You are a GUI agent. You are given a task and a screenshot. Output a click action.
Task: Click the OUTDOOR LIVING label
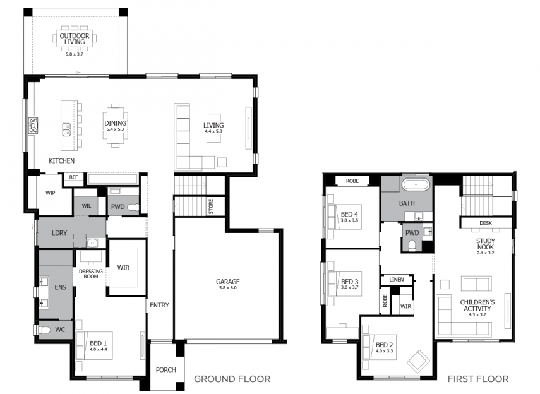click(x=75, y=39)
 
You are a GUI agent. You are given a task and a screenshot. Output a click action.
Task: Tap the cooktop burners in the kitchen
click(x=33, y=126)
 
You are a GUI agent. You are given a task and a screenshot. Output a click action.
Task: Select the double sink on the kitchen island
click(x=66, y=129)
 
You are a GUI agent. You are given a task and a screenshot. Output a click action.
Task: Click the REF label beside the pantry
click(x=74, y=177)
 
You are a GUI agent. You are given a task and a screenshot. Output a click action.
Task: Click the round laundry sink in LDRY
click(x=92, y=243)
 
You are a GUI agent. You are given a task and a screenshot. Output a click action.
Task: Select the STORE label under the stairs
click(x=211, y=206)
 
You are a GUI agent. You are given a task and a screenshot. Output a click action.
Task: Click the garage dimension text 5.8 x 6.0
click(x=228, y=287)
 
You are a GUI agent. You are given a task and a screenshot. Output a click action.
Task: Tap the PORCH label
click(x=165, y=369)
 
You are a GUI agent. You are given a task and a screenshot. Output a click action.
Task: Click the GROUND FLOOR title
click(x=232, y=379)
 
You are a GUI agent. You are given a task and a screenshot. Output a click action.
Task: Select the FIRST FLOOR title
click(x=478, y=379)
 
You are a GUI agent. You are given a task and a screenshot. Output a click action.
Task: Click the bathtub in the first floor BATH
click(x=416, y=184)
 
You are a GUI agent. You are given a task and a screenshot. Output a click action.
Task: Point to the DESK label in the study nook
click(x=486, y=223)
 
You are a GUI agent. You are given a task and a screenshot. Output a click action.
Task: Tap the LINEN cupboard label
click(x=397, y=279)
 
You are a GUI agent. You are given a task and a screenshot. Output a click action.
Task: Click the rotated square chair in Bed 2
click(x=418, y=362)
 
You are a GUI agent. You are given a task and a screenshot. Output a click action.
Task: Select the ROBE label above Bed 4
click(x=352, y=181)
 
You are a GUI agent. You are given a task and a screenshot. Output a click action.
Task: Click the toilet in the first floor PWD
click(x=412, y=245)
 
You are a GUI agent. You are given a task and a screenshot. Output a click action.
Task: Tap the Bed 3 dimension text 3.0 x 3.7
click(x=349, y=287)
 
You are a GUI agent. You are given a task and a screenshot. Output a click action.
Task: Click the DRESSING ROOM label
click(x=91, y=274)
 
